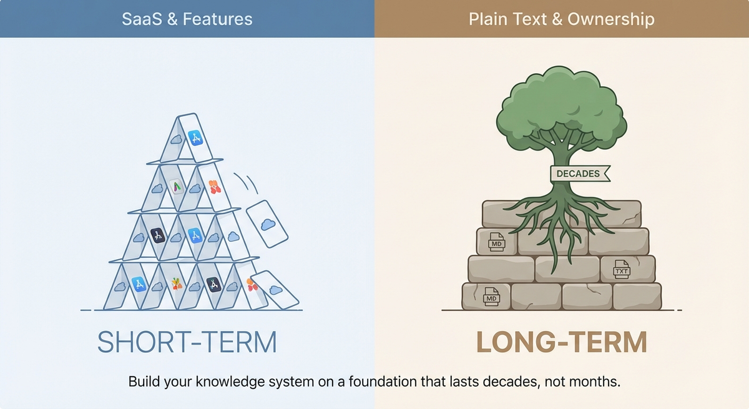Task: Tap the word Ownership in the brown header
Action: (x=614, y=19)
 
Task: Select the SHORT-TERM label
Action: (x=187, y=342)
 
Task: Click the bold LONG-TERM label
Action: (x=561, y=342)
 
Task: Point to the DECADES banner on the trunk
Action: (x=578, y=174)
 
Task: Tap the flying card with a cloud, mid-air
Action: (x=267, y=224)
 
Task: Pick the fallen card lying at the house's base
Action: (x=275, y=289)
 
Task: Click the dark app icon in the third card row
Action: (x=158, y=235)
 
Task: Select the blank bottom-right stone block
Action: (x=636, y=296)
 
